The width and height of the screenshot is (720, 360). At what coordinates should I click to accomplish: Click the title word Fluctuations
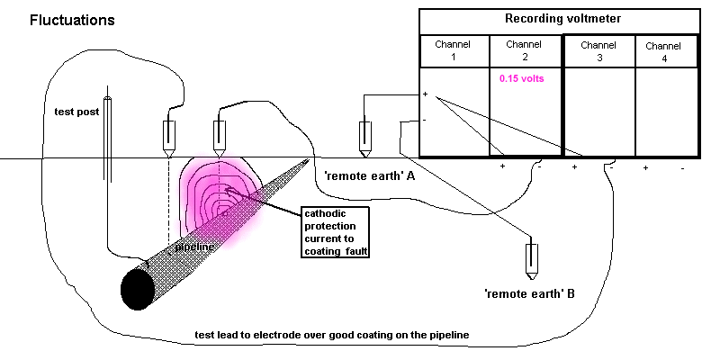71,20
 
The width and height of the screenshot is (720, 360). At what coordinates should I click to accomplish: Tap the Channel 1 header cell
454,49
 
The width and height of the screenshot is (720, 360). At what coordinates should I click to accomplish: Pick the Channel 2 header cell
525,49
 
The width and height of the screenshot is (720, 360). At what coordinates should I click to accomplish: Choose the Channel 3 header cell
599,49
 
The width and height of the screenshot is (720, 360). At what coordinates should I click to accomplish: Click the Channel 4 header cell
665,51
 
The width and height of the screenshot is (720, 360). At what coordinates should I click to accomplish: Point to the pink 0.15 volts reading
521,78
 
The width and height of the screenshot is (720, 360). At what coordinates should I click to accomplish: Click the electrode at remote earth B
532,258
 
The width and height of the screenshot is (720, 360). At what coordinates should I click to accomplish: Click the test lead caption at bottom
331,336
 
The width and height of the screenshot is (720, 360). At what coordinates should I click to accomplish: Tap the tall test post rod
107,171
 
